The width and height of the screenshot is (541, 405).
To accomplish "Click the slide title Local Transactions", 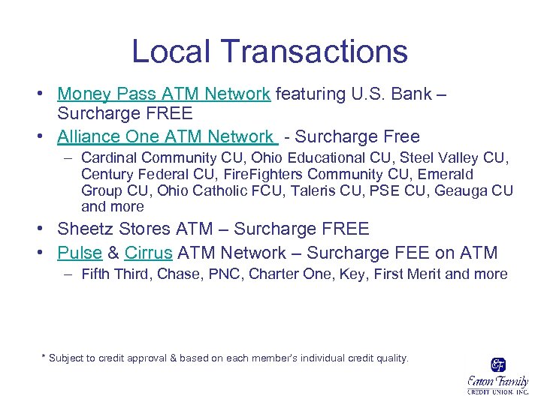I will (x=270, y=52).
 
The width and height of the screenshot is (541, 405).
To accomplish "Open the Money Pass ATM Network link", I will (x=164, y=94).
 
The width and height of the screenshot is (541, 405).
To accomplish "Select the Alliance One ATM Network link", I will (x=167, y=136).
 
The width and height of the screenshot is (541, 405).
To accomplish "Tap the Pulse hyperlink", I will (x=80, y=253).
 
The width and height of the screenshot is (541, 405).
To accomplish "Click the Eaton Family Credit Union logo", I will (x=497, y=375).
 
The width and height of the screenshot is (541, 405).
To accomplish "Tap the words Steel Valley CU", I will (x=463, y=158).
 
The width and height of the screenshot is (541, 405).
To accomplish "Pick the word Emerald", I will (x=443, y=175).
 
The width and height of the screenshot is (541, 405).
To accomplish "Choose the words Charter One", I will (x=286, y=274).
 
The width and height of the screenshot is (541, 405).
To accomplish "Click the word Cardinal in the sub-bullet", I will (x=107, y=158).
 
